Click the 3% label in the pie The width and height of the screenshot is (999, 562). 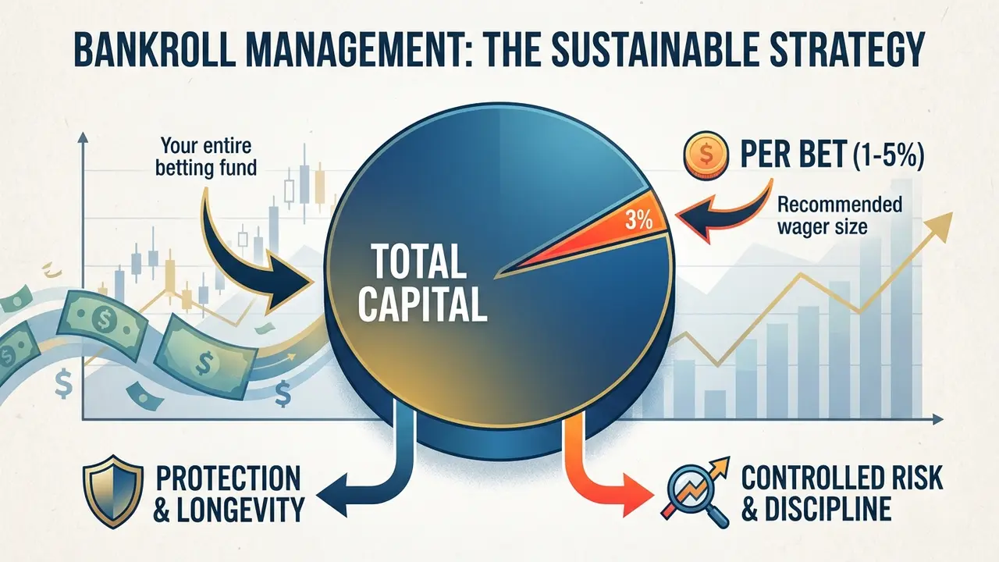638,221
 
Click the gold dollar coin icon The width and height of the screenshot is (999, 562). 706,155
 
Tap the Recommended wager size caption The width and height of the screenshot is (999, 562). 840,216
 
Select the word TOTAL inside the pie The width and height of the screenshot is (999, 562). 419,261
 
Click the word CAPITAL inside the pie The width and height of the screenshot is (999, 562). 422,304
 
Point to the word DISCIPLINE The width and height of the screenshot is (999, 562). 829,508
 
